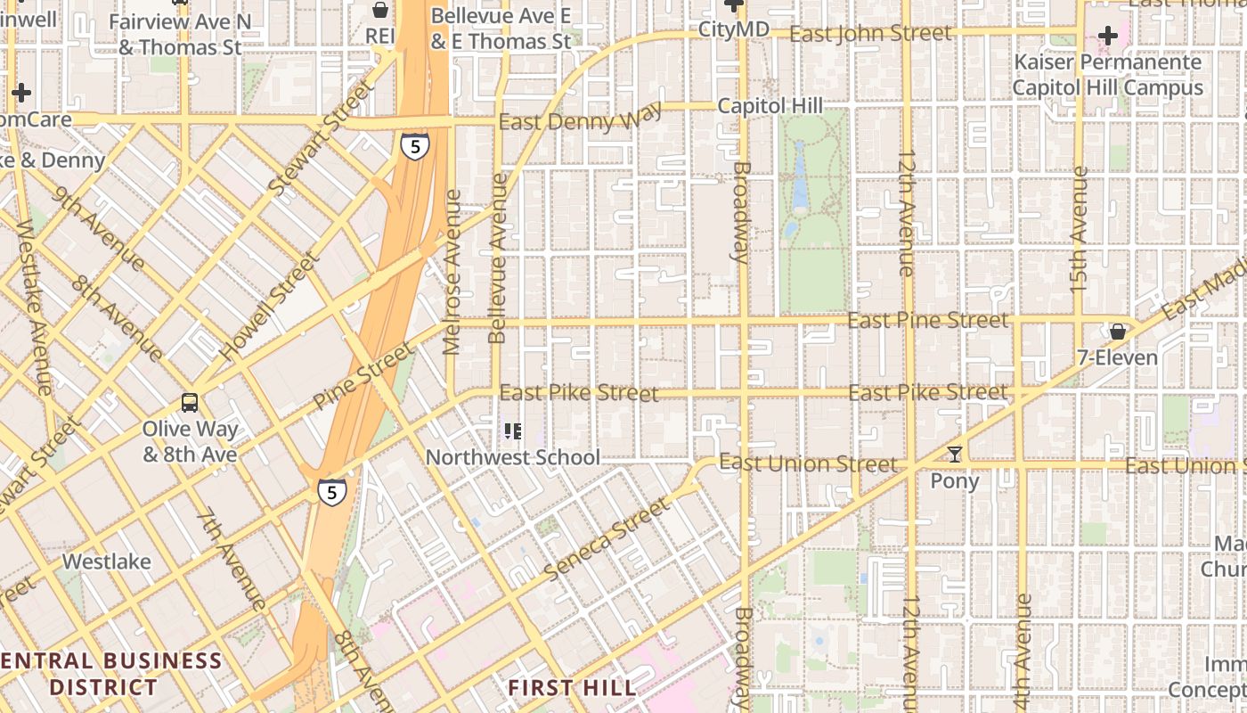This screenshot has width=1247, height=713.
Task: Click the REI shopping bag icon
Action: (x=380, y=10)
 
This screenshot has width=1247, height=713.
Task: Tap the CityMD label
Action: (x=733, y=29)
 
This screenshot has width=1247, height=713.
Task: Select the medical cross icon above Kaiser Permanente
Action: (x=1107, y=36)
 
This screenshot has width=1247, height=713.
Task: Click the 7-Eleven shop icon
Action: (x=1118, y=332)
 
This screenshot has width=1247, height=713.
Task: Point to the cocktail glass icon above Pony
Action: (x=954, y=455)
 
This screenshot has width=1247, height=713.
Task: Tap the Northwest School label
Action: (x=512, y=457)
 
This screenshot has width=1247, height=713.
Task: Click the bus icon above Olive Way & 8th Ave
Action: (x=190, y=402)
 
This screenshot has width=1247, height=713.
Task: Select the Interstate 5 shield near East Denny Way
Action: (x=414, y=146)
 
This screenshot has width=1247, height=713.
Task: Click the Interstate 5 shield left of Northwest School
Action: (x=332, y=491)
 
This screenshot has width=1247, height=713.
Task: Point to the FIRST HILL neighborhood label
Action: (x=572, y=687)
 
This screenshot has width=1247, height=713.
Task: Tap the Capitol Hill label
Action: (x=770, y=106)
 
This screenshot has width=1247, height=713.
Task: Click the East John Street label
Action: (x=870, y=34)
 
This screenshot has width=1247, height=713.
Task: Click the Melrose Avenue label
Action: (x=452, y=272)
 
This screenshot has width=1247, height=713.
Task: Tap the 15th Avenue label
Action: (x=1079, y=230)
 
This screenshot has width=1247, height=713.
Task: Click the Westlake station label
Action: (x=107, y=562)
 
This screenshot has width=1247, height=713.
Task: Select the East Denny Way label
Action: (x=581, y=117)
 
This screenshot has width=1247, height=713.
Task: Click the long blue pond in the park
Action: (x=799, y=174)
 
